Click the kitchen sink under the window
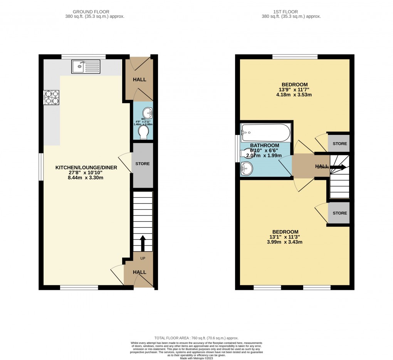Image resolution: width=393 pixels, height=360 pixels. point(86,67)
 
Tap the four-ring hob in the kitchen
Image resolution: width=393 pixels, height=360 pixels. point(52,97)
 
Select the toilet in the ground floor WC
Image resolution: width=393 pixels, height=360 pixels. point(143,133)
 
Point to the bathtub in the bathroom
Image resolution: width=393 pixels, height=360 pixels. point(265,133)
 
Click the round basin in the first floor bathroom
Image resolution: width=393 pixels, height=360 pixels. point(247,168)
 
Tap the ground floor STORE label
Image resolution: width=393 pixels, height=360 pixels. point(143,164)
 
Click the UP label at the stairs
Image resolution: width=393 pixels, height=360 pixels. point(142,259)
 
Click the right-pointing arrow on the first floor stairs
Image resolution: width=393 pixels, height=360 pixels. point(338,167)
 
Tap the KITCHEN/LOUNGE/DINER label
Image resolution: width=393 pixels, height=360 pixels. point(86,168)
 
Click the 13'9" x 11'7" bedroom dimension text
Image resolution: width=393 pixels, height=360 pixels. point(295,90)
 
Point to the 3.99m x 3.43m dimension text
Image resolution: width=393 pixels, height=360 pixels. point(295,242)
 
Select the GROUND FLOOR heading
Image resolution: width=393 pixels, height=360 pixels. point(94,12)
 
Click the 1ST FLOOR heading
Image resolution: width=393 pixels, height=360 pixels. point(291,12)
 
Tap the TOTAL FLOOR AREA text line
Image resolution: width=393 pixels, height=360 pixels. point(196,338)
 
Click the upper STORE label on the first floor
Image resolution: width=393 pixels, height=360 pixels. point(339,144)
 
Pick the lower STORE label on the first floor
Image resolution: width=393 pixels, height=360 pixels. point(339,213)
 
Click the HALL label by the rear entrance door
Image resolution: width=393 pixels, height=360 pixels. point(139,80)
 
